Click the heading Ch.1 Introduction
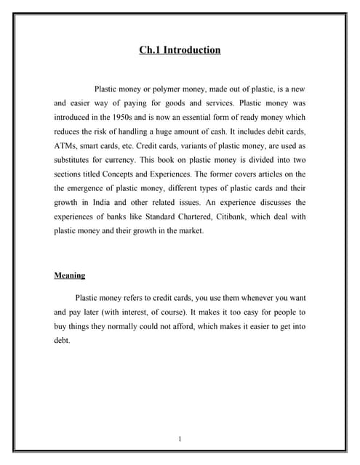180,50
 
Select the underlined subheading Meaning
70,275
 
